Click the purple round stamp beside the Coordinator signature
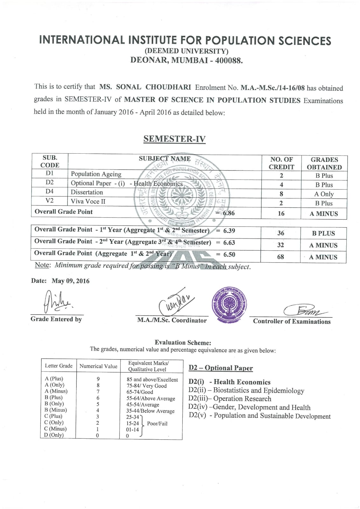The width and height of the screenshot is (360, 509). (229, 304)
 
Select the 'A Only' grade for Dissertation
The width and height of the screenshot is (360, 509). (324, 194)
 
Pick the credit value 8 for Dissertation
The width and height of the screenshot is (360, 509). (281, 194)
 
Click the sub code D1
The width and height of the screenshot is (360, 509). (50, 173)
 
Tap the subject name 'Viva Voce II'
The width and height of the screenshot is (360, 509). (88, 201)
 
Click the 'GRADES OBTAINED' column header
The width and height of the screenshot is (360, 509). (324, 163)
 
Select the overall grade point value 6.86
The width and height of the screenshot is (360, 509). (229, 213)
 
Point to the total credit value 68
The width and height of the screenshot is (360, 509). (280, 257)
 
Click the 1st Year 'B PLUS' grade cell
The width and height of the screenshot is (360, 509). (323, 233)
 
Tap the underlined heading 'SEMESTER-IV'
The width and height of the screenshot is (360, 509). (174, 139)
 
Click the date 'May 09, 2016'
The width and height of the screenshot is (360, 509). (71, 281)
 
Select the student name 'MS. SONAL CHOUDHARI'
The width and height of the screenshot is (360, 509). (145, 87)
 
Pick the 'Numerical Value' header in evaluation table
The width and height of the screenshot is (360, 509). (98, 366)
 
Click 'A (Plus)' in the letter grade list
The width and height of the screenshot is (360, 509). (54, 379)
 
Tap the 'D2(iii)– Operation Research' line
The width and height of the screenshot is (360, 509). (230, 399)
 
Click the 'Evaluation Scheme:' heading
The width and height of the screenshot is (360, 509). (183, 343)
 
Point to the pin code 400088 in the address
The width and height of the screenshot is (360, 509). (229, 60)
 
